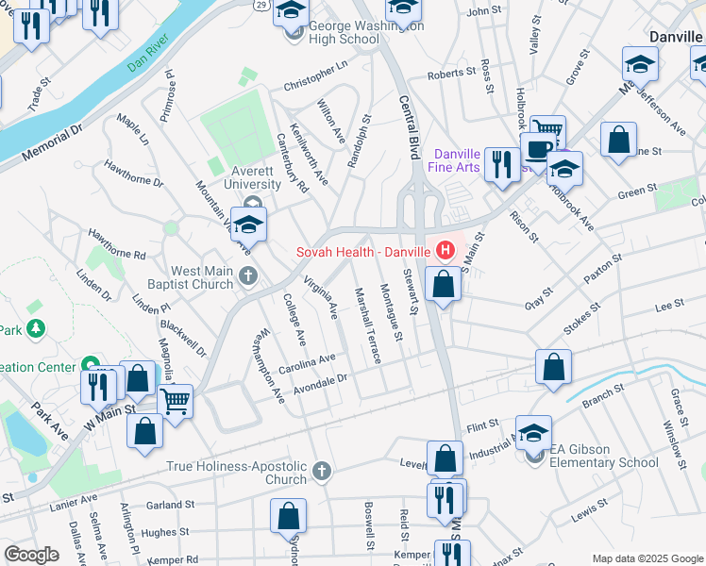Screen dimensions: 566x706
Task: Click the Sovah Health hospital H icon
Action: click(x=444, y=252)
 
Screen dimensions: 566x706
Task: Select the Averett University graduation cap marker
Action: click(x=249, y=225)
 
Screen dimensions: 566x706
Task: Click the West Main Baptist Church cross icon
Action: click(x=248, y=275)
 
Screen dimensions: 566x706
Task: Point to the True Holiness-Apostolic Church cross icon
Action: click(x=322, y=469)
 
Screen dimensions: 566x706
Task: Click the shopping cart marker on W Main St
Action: click(x=175, y=400)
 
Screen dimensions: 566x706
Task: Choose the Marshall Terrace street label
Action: click(x=366, y=325)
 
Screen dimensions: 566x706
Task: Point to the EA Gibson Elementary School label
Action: click(x=604, y=462)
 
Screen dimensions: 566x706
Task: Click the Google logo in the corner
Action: click(x=31, y=555)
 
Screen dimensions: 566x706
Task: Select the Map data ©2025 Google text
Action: click(x=647, y=558)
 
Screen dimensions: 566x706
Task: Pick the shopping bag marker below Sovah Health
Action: click(x=443, y=282)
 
